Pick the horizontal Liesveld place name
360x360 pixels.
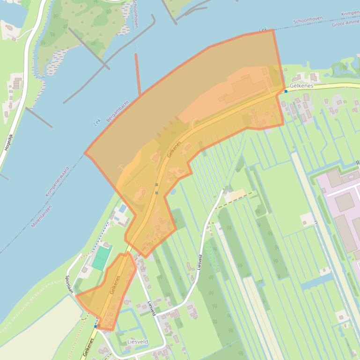(138, 342)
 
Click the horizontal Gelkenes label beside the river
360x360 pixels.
(301, 86)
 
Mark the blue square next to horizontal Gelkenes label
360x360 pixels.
(286, 91)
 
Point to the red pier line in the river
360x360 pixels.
(138, 74)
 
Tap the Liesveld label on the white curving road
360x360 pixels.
(200, 262)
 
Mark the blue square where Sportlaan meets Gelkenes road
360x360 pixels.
(96, 326)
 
